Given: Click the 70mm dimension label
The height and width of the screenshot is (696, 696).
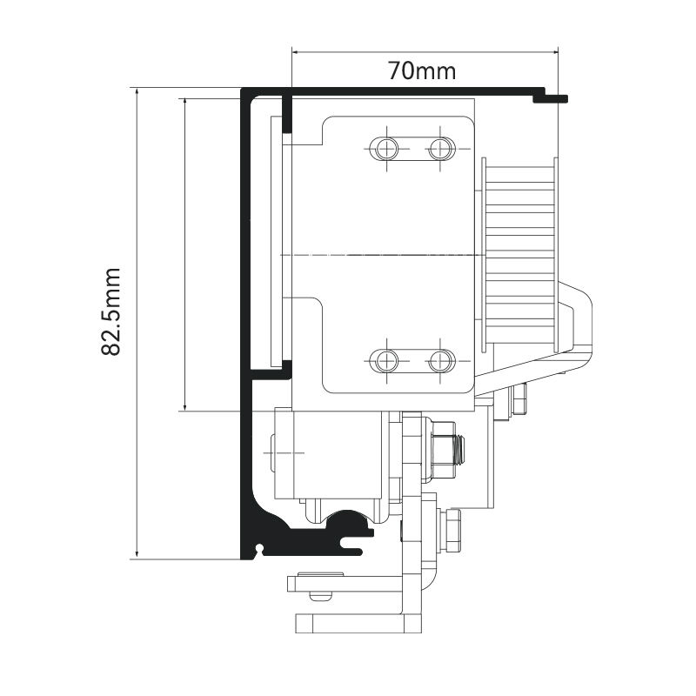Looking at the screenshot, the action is [x=422, y=70].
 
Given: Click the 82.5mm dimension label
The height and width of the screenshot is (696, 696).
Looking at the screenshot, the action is [x=110, y=311].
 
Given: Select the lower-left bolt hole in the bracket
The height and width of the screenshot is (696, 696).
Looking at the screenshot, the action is [x=386, y=360].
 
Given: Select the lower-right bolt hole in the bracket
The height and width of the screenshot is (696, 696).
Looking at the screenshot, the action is [x=440, y=360].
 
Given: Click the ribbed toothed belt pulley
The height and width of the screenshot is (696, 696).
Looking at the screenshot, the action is [x=519, y=255].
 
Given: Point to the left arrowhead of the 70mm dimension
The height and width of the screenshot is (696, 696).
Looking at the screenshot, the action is [x=296, y=52].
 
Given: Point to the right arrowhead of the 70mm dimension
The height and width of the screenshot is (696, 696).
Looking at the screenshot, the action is [x=554, y=52].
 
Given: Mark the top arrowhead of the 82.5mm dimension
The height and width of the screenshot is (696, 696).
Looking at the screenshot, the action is [x=137, y=92].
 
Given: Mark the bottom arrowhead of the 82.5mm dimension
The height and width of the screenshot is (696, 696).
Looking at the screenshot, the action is [x=137, y=555].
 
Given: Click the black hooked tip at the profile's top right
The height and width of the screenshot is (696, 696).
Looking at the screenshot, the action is [x=551, y=97].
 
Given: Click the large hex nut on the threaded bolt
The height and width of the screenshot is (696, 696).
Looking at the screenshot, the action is [x=443, y=451].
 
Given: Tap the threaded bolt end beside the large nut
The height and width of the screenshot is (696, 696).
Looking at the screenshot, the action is [x=460, y=450].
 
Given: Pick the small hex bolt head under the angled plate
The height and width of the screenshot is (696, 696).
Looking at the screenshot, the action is [x=519, y=398].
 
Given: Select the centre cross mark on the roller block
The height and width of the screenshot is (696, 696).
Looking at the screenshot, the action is [x=284, y=452].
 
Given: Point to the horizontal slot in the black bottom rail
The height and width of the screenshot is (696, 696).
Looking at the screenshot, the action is [x=355, y=541].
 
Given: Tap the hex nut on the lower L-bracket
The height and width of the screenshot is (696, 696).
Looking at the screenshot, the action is [x=451, y=531].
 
